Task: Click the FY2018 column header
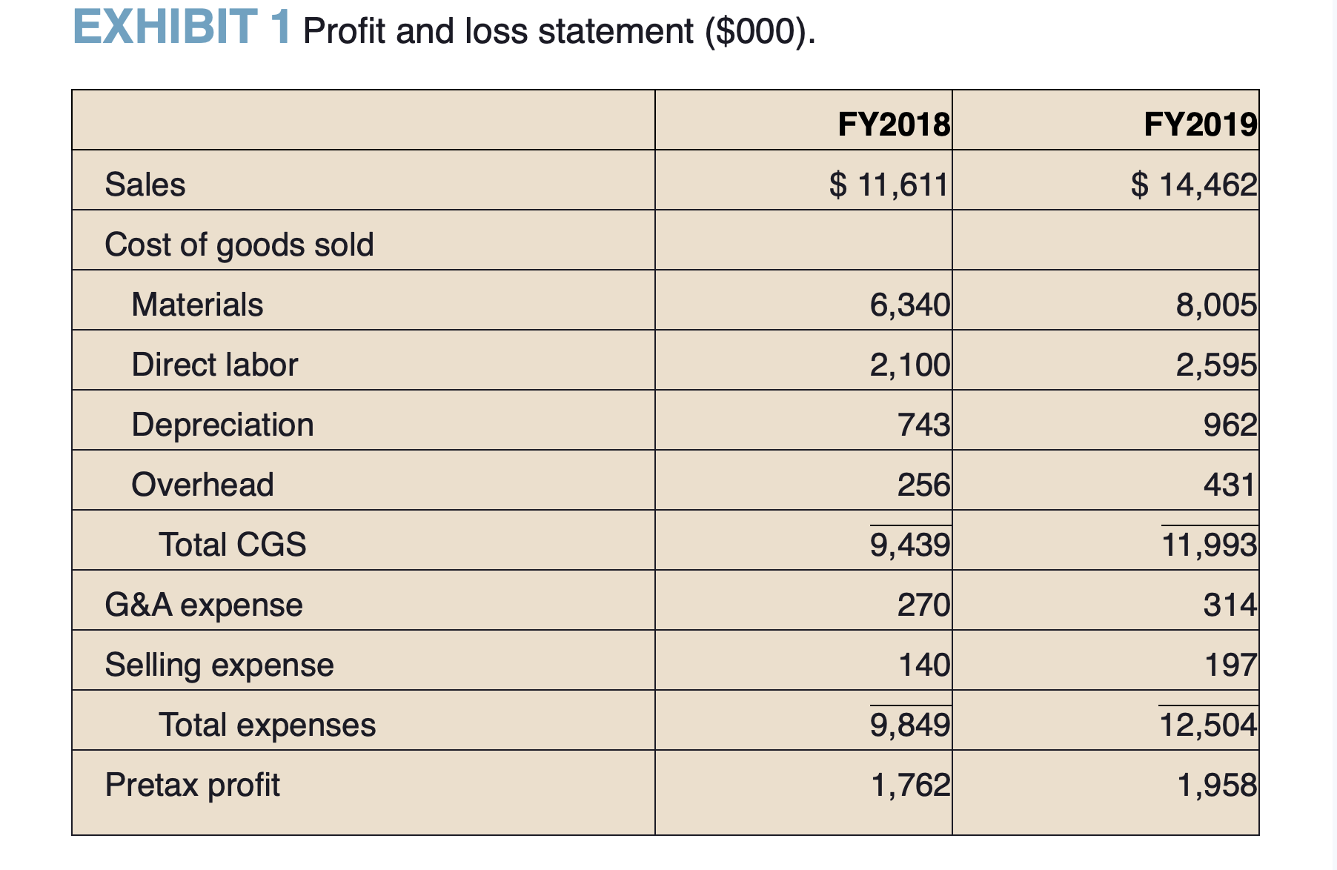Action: (x=893, y=124)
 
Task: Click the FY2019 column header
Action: (x=1200, y=124)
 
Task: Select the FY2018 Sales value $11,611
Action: (x=889, y=184)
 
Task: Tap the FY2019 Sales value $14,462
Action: (x=1194, y=184)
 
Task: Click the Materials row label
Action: (x=197, y=305)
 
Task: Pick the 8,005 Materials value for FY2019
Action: (x=1216, y=305)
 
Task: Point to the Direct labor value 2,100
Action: (x=909, y=365)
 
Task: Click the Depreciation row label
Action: (x=222, y=425)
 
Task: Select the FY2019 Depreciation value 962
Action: (x=1230, y=425)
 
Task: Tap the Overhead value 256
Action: (x=923, y=485)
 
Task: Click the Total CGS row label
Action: (x=232, y=545)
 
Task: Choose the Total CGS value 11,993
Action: (x=1209, y=545)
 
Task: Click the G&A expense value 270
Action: (x=923, y=605)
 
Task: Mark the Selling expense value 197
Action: (x=1230, y=665)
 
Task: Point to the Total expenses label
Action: (x=267, y=725)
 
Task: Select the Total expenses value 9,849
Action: (x=909, y=725)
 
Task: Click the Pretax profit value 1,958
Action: (x=1216, y=785)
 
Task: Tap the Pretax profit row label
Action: (x=192, y=785)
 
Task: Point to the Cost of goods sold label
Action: (x=239, y=245)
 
